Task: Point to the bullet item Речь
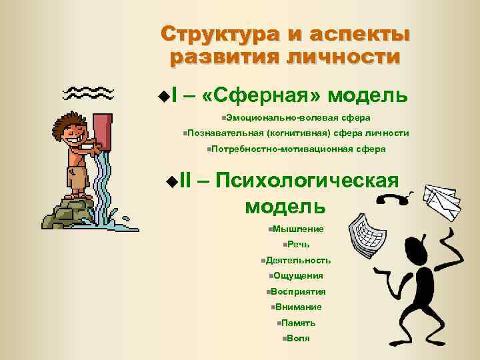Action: pos(299,245)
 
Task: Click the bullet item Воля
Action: pos(298,338)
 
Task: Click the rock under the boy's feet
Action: pos(67,212)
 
